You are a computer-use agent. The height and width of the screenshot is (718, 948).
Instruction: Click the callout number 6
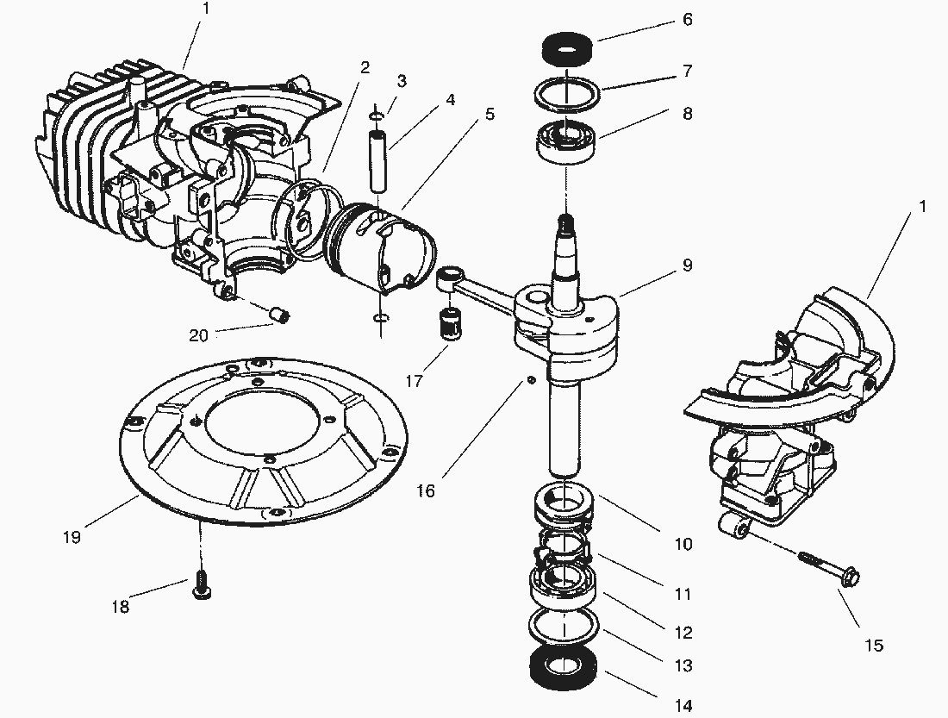point(687,19)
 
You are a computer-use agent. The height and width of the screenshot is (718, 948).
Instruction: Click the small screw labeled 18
point(203,584)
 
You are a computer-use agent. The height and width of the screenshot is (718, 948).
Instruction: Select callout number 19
point(72,537)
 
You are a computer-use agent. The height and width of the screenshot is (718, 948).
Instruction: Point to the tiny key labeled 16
point(532,380)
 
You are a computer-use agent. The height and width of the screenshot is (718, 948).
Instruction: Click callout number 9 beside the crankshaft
point(687,265)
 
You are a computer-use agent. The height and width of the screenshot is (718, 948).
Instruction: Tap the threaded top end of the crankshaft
point(566,226)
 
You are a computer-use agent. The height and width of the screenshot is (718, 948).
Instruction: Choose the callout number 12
point(683,633)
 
